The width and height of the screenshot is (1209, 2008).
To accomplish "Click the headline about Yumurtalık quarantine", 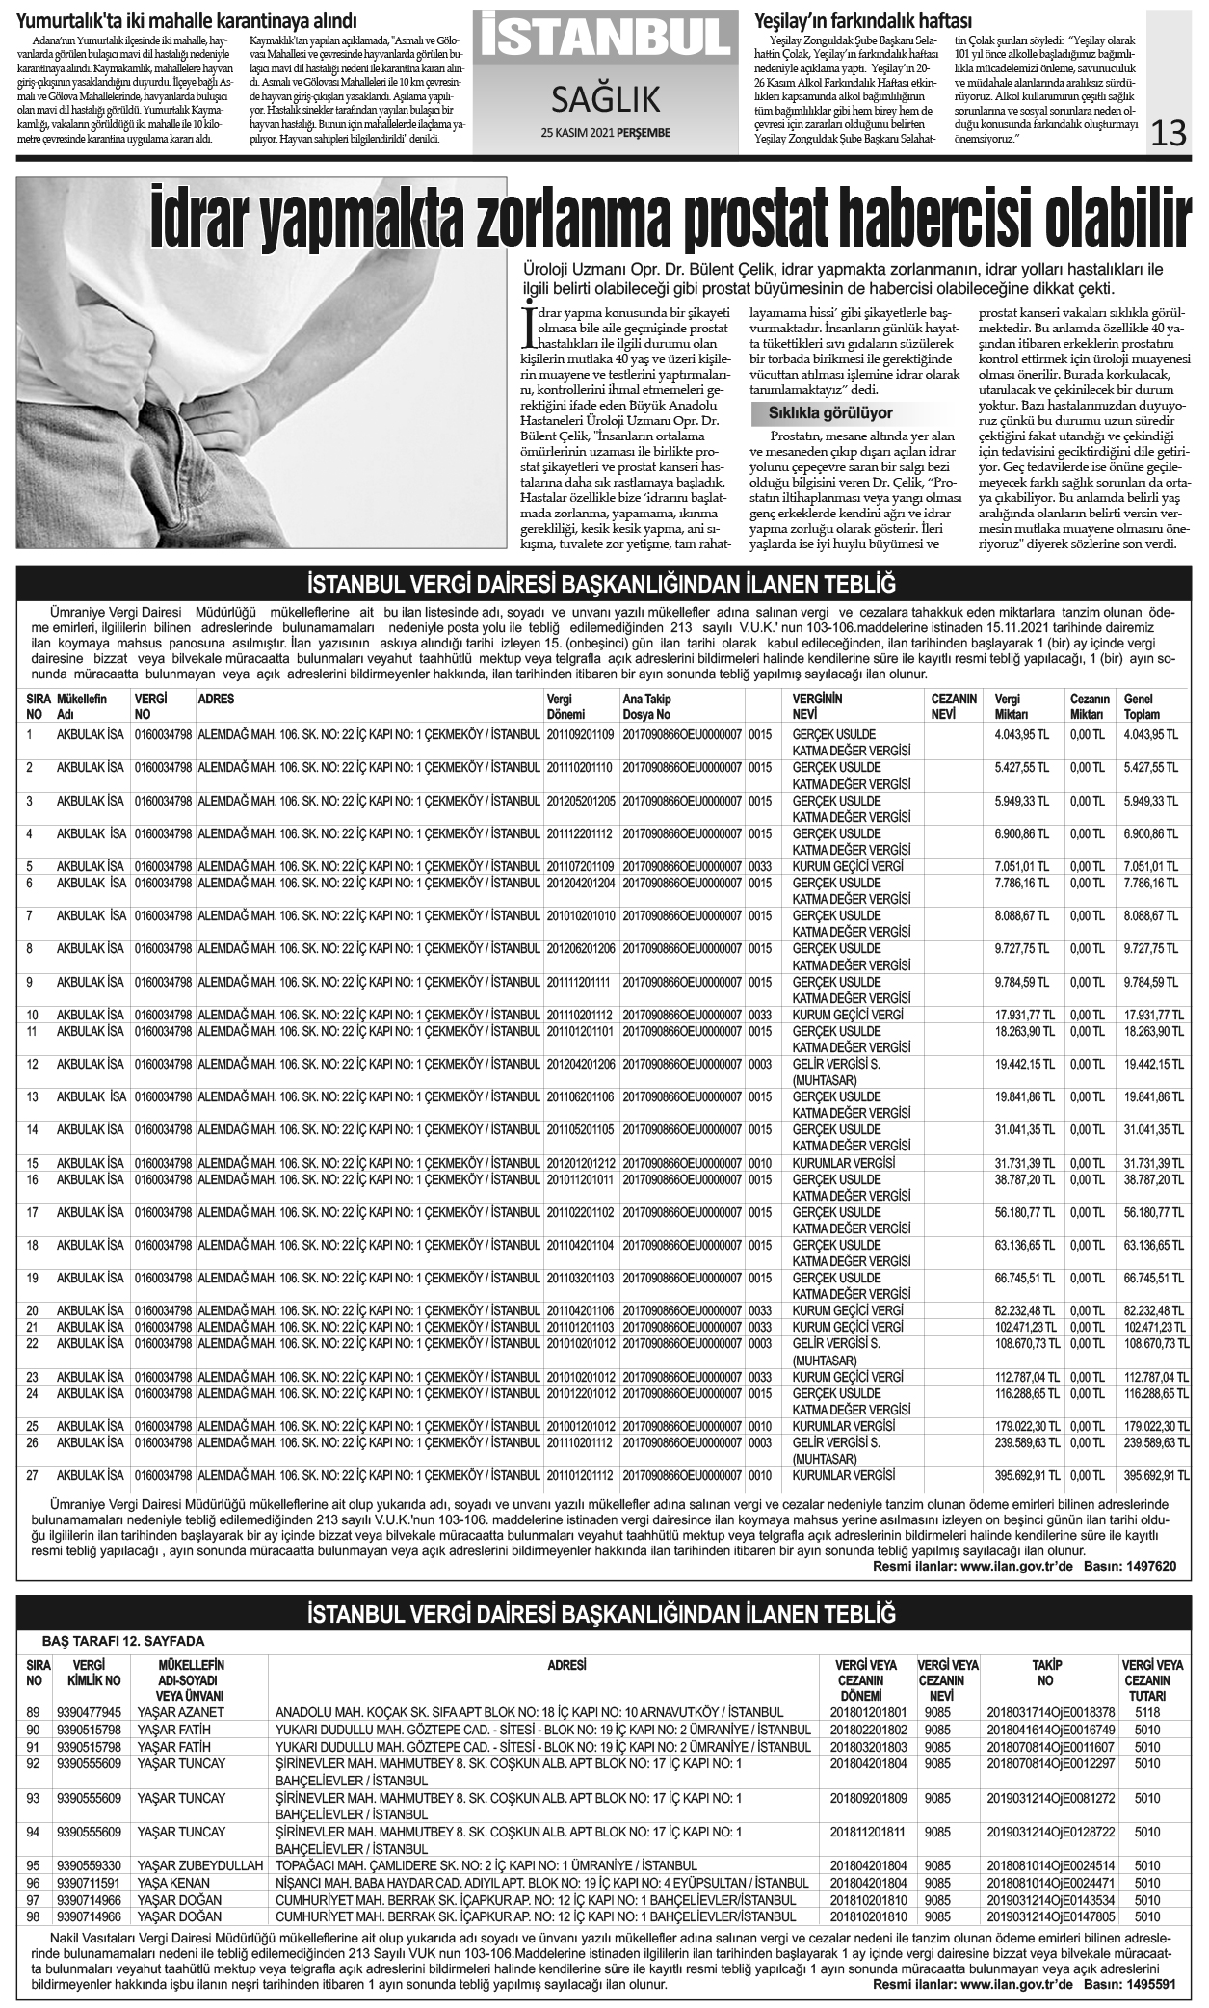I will click(x=187, y=21).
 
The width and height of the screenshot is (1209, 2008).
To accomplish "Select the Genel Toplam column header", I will click(x=1142, y=706).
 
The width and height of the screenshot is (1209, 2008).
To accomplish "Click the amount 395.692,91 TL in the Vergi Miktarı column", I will click(x=1027, y=1474).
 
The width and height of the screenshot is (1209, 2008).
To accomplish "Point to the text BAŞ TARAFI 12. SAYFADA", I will click(x=123, y=1641).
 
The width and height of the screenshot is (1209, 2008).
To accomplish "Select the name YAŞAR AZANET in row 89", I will click(x=180, y=1712).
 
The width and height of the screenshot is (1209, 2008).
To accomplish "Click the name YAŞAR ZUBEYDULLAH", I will click(x=200, y=1865).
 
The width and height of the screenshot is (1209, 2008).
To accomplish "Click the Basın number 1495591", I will click(x=1147, y=1985).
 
